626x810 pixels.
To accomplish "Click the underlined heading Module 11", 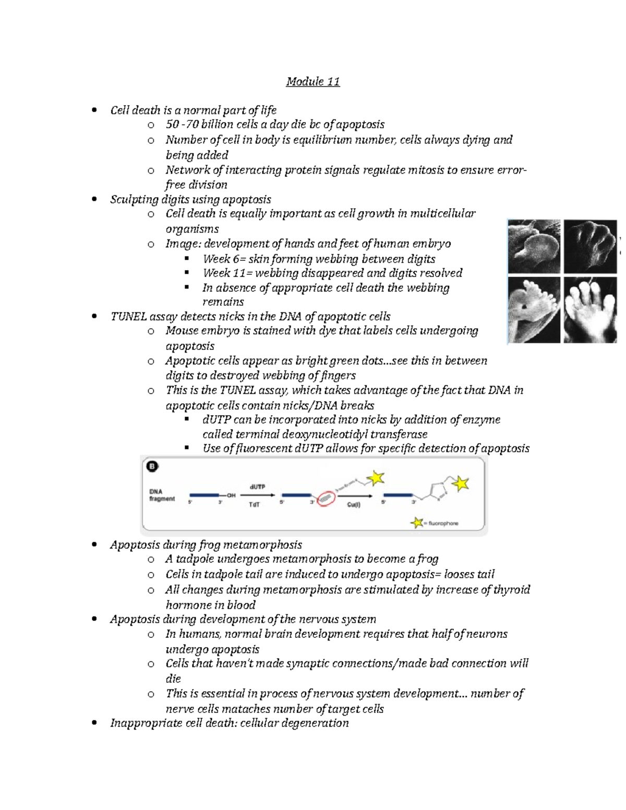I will (x=313, y=82).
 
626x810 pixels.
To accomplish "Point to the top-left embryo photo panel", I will (x=534, y=246).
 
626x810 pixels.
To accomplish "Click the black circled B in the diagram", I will (x=152, y=467).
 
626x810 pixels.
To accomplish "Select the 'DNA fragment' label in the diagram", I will (x=162, y=495).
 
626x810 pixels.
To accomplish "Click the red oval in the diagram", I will (x=325, y=499).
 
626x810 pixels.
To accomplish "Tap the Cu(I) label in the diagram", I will (x=354, y=505).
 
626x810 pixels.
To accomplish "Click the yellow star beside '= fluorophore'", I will (x=417, y=522).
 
